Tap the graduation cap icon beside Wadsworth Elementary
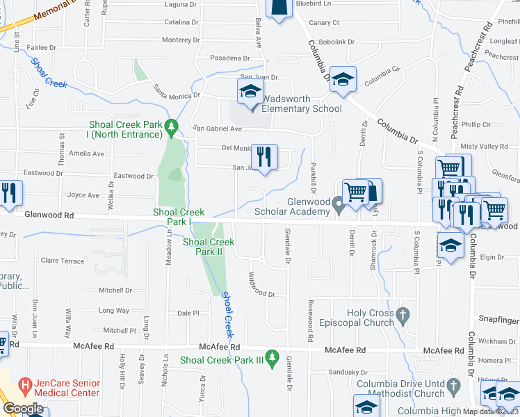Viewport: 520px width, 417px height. pyautogui.click(x=250, y=91)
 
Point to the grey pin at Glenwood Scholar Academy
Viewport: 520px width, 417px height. pyautogui.click(x=339, y=205)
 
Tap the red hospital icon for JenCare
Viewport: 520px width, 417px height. pyautogui.click(x=26, y=384)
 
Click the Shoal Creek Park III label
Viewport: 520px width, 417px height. pyautogui.click(x=222, y=360)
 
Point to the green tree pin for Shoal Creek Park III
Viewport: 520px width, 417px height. pyautogui.click(x=273, y=359)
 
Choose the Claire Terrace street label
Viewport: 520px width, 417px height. pyautogui.click(x=63, y=261)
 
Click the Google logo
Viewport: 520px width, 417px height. pyautogui.click(x=22, y=409)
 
